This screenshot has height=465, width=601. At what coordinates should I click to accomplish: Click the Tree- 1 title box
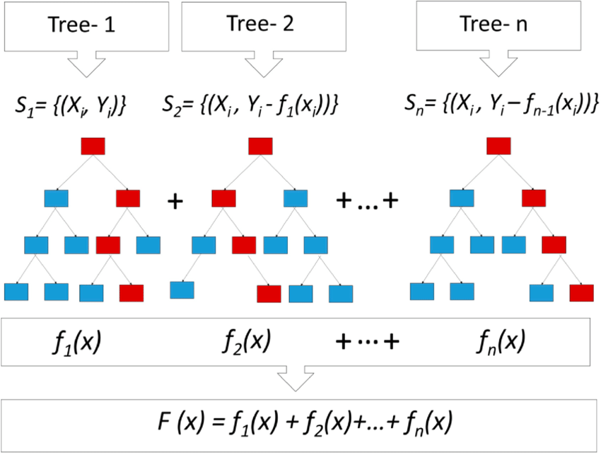click(x=87, y=26)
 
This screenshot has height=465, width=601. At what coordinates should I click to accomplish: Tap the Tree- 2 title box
click(x=264, y=26)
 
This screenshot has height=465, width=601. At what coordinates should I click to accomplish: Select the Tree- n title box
click(x=498, y=25)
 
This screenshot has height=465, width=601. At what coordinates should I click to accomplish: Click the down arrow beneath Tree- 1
click(x=87, y=64)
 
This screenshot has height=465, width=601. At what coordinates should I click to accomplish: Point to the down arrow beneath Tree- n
click(x=498, y=63)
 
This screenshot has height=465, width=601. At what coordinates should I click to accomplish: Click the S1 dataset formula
click(x=71, y=105)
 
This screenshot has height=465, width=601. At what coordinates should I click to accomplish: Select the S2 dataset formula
click(x=250, y=104)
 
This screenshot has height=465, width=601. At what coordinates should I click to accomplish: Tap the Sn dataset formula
click(x=501, y=103)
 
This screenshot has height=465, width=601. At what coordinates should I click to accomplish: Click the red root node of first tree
click(x=93, y=147)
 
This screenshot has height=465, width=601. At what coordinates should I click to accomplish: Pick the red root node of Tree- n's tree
click(x=498, y=146)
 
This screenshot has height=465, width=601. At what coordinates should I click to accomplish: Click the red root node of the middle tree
click(x=261, y=147)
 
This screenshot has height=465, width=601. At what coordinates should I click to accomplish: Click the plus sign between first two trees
click(x=175, y=202)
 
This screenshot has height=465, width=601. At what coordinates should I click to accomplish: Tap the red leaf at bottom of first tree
click(x=132, y=293)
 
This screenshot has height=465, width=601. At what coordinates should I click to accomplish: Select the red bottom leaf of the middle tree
click(x=269, y=294)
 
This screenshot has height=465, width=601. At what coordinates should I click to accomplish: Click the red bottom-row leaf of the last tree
click(x=581, y=293)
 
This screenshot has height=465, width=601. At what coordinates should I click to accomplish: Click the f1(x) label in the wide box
click(x=76, y=341)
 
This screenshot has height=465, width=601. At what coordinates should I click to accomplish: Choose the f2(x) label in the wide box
click(x=247, y=340)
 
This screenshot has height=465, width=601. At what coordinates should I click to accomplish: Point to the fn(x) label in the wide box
click(x=501, y=341)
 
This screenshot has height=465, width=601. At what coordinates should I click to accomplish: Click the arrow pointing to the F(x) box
click(x=296, y=379)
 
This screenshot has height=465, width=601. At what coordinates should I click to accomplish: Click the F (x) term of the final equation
click(x=181, y=422)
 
